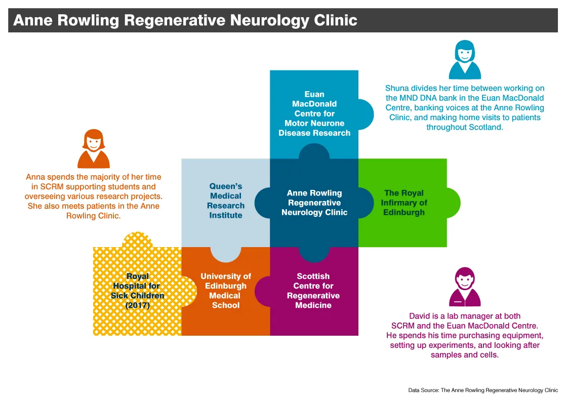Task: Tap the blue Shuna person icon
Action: pyautogui.click(x=465, y=60)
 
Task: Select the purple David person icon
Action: pyautogui.click(x=464, y=287)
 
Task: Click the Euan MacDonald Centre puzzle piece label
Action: pyautogui.click(x=314, y=113)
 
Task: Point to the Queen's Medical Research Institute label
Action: pyautogui.click(x=226, y=201)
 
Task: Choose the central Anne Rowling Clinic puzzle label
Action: pyautogui.click(x=314, y=203)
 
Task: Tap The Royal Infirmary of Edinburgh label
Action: pyautogui.click(x=403, y=203)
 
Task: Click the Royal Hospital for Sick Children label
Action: pyautogui.click(x=137, y=291)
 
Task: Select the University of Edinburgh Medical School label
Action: pyautogui.click(x=226, y=291)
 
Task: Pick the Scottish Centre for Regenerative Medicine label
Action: pyautogui.click(x=313, y=291)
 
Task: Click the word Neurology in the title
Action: pyautogui.click(x=270, y=20)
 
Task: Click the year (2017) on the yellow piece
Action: pyautogui.click(x=137, y=305)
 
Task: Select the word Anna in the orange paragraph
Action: pyautogui.click(x=36, y=177)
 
